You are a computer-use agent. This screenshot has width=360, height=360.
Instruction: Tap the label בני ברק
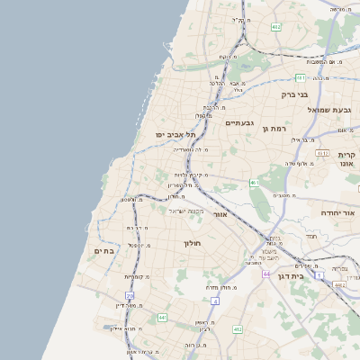294,93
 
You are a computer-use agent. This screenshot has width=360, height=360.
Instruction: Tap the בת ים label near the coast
104,251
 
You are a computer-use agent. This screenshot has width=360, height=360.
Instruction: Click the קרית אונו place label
346,160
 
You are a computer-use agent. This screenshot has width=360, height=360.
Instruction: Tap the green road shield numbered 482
276,28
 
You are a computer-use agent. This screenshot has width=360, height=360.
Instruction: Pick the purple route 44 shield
266,273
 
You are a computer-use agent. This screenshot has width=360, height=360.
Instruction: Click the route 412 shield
238,329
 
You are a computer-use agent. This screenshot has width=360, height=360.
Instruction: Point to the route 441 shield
162,318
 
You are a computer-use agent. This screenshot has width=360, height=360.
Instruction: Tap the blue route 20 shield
130,295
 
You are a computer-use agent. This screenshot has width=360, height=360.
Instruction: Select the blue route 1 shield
214,301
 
